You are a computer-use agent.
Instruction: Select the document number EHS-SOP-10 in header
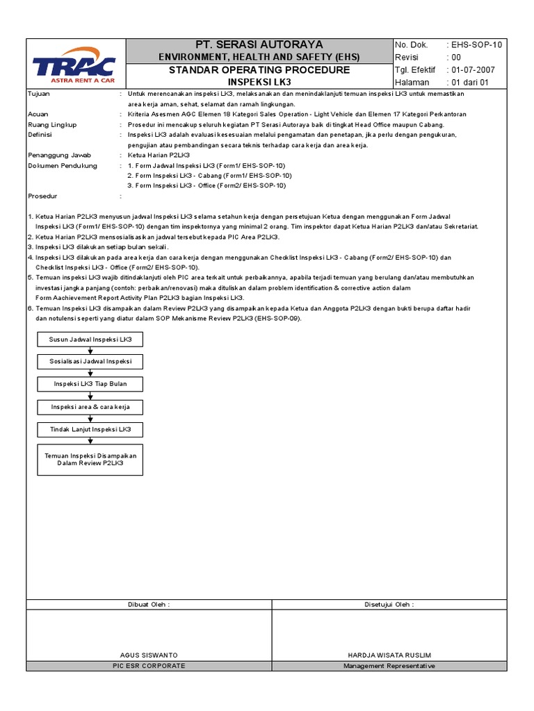pos(476,45)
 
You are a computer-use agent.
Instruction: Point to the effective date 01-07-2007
pos(473,70)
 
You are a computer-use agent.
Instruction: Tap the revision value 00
pos(456,58)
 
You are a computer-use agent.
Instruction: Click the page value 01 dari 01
pos(470,83)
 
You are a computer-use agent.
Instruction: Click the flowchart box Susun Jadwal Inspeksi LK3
pos(90,340)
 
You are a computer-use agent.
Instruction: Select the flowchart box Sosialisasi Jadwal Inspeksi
pos(90,362)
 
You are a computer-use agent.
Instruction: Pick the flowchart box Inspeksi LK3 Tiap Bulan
pos(90,384)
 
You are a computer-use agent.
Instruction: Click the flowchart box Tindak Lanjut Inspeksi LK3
pos(90,429)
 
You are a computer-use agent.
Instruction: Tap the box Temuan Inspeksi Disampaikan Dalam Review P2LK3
pos(90,459)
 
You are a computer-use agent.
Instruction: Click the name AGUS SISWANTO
pos(149,655)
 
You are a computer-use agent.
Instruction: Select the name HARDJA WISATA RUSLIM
pos(389,655)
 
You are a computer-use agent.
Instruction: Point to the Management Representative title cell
pos(389,666)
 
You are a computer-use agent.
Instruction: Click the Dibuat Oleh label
pos(149,604)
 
